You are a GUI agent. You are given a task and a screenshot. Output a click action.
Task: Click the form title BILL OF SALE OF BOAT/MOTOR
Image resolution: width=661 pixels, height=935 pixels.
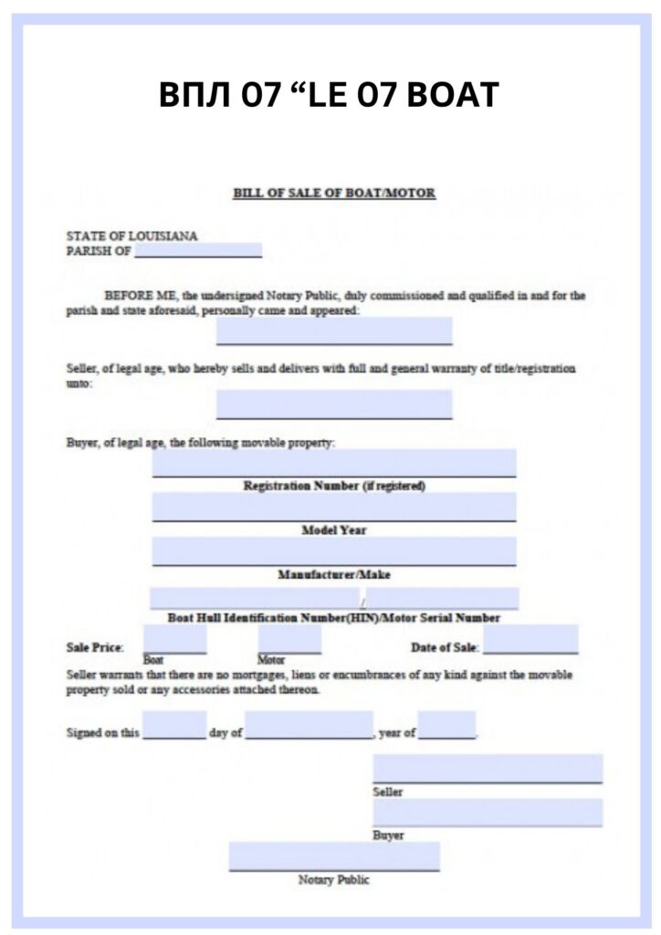334,193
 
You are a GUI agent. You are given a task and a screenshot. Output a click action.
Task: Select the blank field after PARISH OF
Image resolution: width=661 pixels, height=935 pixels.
198,250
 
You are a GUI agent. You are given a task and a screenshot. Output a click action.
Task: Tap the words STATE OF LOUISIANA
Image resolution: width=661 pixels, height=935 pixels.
131,236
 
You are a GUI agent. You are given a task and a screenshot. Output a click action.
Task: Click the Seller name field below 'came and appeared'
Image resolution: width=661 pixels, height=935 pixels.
334,331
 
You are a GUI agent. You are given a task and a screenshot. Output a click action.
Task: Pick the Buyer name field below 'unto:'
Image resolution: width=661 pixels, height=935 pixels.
334,404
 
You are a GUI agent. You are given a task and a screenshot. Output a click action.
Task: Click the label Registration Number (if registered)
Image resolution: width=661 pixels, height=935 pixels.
334,486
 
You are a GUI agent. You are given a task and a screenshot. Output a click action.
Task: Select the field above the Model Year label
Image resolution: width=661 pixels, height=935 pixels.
334,507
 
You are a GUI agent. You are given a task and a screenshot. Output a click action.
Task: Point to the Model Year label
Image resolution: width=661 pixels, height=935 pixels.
334,530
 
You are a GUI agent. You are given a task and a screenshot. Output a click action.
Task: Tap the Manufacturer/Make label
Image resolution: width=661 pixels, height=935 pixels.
334,574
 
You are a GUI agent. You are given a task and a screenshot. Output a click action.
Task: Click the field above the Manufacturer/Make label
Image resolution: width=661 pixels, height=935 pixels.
334,552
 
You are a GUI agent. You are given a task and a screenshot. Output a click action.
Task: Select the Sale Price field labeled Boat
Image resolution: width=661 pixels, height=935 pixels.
174,639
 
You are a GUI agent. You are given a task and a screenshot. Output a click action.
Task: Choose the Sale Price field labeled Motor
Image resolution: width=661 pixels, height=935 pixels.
289,639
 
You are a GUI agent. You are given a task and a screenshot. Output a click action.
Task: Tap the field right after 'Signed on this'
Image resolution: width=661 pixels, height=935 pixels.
174,725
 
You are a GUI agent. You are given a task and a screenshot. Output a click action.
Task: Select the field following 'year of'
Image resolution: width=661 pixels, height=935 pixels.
446,725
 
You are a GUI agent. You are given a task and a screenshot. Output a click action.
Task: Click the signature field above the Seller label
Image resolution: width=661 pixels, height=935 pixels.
488,768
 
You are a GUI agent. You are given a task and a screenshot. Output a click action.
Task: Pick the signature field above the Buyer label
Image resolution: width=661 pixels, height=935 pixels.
488,813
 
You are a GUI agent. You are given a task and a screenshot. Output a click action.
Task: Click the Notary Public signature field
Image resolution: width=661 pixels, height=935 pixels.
334,856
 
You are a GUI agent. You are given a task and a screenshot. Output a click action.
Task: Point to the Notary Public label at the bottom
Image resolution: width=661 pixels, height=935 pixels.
334,880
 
